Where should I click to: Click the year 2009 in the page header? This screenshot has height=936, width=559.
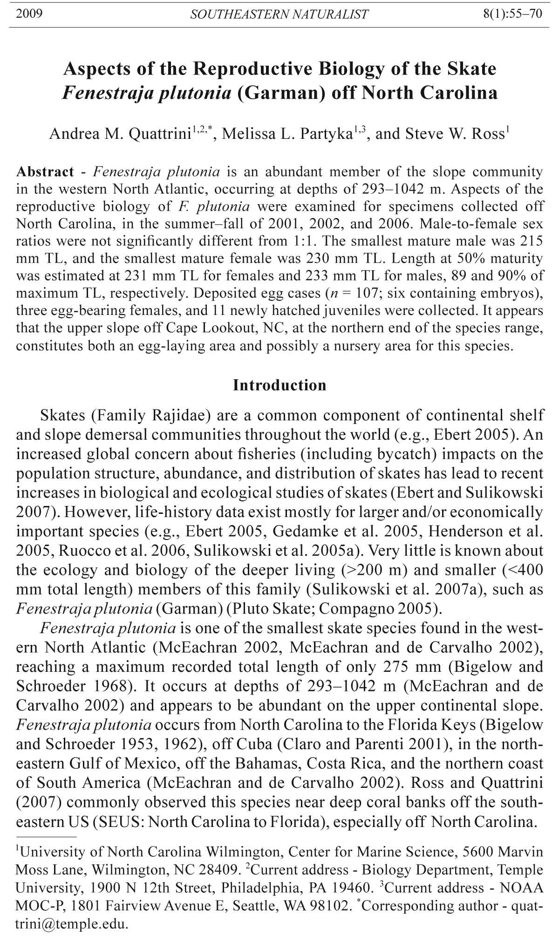click(29, 14)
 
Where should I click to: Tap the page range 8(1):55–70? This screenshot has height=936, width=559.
click(512, 14)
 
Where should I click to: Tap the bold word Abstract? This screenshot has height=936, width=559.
click(45, 171)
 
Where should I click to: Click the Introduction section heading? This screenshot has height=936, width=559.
click(279, 385)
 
